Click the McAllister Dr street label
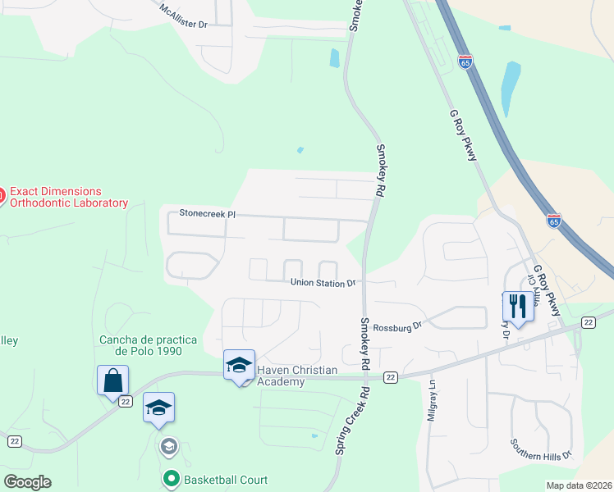pos(184,17)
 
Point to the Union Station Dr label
pos(323,283)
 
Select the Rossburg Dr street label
pos(397,326)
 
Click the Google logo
pos(27,482)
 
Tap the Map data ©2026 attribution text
pos(579,485)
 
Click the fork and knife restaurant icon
pos(518,307)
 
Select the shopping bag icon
pos(112,380)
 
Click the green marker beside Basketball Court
pos(172,478)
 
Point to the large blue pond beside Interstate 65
pos(510,88)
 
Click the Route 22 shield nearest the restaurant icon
pos(588,322)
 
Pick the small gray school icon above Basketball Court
pos(168,446)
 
